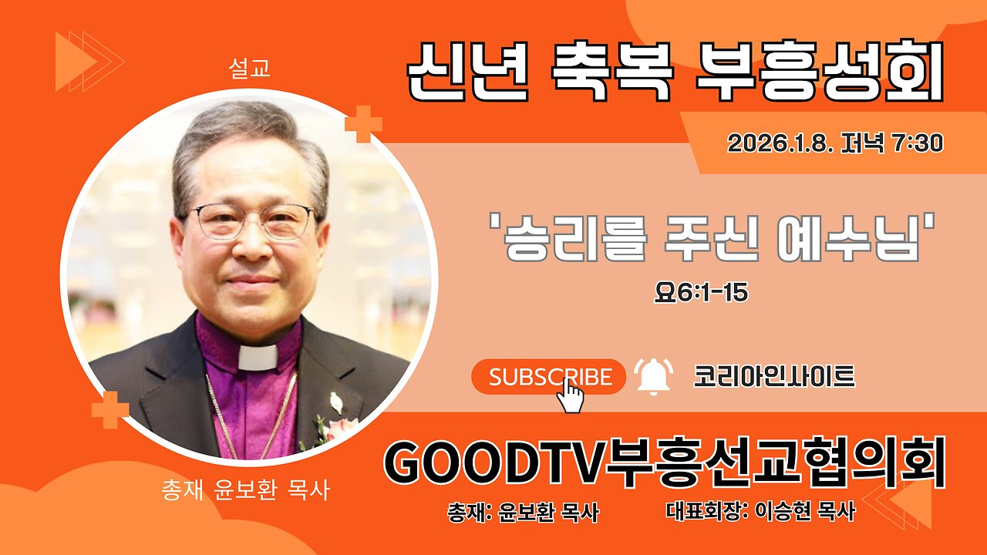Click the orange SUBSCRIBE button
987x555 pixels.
(x=548, y=377)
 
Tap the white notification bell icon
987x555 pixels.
(x=653, y=376)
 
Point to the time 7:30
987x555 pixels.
(x=918, y=143)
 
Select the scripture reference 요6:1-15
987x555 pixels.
(x=701, y=294)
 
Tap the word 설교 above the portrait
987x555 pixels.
(x=249, y=69)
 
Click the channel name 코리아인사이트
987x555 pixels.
(x=773, y=376)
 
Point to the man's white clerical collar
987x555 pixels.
(x=258, y=357)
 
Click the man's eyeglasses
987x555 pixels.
(x=251, y=222)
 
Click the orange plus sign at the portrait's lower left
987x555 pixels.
(x=110, y=409)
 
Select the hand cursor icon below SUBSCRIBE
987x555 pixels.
(x=571, y=395)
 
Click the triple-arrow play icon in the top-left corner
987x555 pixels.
(x=89, y=61)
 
